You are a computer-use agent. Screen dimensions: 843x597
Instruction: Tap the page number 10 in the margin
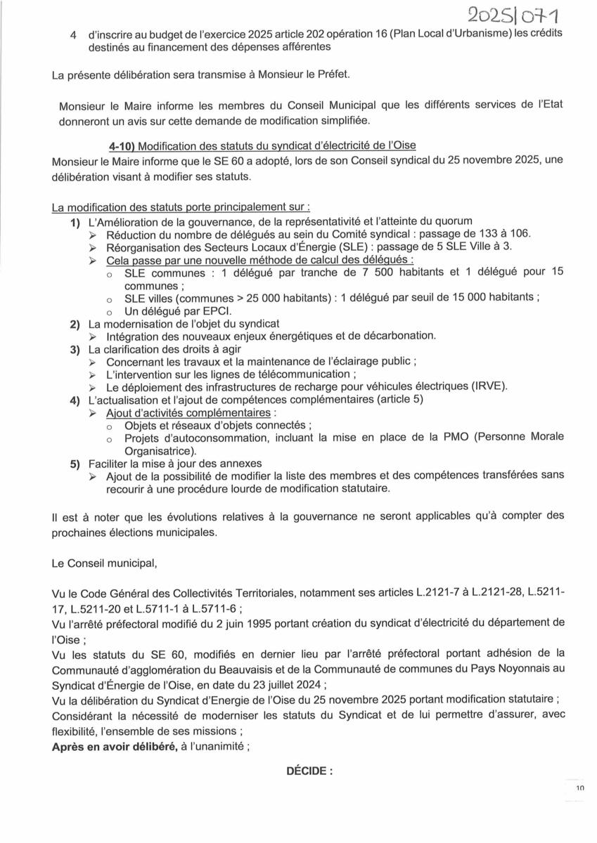coord(579,789)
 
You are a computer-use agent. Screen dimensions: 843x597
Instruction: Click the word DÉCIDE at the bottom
coord(307,771)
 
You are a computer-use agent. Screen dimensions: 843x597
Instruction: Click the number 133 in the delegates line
coord(488,234)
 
